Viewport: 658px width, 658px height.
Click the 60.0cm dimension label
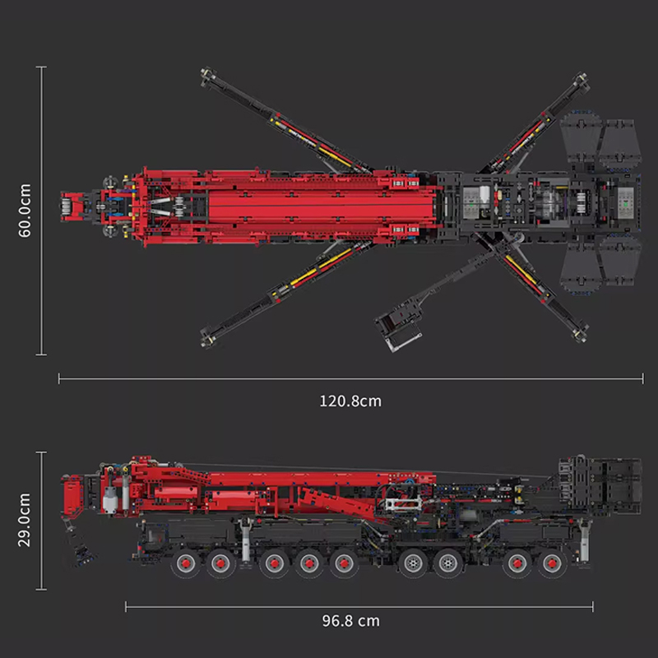tap(25, 211)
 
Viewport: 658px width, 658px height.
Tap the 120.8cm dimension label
tap(350, 401)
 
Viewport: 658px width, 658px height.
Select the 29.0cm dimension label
tap(25, 520)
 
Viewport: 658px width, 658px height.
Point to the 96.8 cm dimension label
tap(351, 621)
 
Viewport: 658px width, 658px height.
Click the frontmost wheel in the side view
tap(185, 563)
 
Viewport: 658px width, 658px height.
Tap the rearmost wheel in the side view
tap(552, 563)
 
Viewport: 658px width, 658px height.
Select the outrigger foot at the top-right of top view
tap(581, 80)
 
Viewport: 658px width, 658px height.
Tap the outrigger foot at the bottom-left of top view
tap(207, 338)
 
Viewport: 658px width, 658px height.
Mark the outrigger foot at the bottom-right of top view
tap(581, 333)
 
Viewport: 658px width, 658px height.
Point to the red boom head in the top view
tap(73, 206)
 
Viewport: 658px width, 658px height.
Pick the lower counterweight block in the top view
tap(601, 265)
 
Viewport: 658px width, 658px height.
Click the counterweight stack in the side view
tap(600, 486)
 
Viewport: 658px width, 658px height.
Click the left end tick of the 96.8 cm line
tap(126, 606)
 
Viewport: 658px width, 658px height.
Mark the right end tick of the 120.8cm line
tap(642, 378)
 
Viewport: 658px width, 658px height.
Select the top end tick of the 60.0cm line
tap(41, 67)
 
